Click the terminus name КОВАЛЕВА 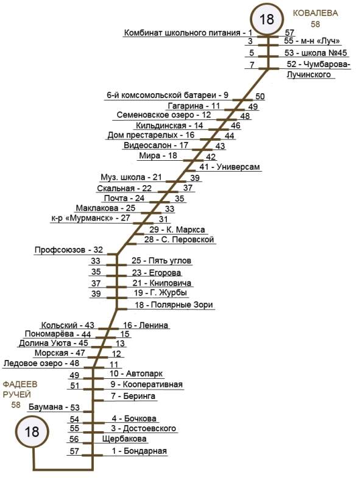click(316, 13)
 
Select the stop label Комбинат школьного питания click(182, 33)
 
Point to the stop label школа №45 click(324, 52)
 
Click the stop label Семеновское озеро click(155, 115)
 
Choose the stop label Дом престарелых click(143, 135)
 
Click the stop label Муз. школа click(123, 177)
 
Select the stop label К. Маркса click(186, 230)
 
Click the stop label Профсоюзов click(60, 250)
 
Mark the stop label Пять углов click(170, 261)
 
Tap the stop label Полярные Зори click(182, 305)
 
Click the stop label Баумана click(46, 407)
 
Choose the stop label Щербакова click(124, 439)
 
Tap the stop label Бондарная click(146, 451)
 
